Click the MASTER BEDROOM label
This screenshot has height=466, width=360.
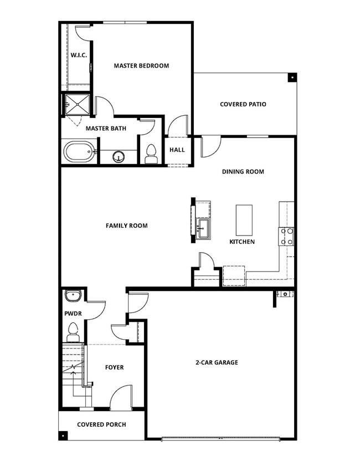click(141, 65)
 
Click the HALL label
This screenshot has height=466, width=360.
click(177, 150)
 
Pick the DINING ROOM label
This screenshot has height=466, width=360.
click(243, 172)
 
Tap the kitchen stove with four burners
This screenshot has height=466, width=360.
click(287, 237)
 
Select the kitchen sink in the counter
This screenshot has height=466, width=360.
click(202, 228)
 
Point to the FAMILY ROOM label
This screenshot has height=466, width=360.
click(126, 226)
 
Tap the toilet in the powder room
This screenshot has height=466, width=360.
click(73, 333)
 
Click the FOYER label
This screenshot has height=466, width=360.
click(114, 367)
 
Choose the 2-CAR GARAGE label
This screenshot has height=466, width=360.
click(217, 362)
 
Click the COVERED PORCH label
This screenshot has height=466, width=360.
click(101, 424)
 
